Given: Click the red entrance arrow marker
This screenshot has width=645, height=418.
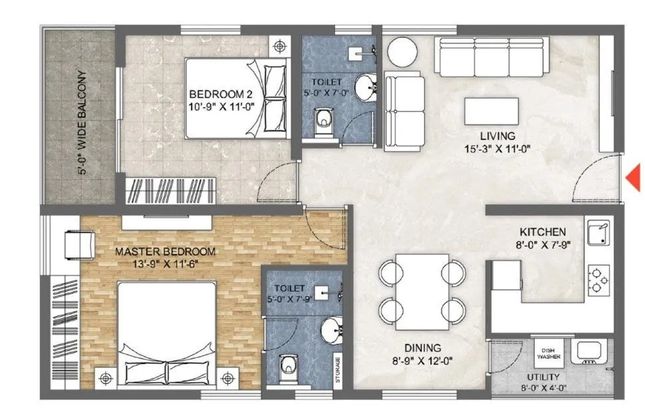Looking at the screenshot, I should [x=635, y=177].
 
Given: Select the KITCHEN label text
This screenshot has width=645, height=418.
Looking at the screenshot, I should [x=543, y=232].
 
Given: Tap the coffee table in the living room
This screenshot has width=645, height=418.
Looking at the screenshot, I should [x=491, y=108].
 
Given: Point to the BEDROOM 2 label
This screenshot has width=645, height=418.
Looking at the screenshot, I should [x=217, y=93].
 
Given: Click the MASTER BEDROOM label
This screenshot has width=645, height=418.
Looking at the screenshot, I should [x=166, y=252].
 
